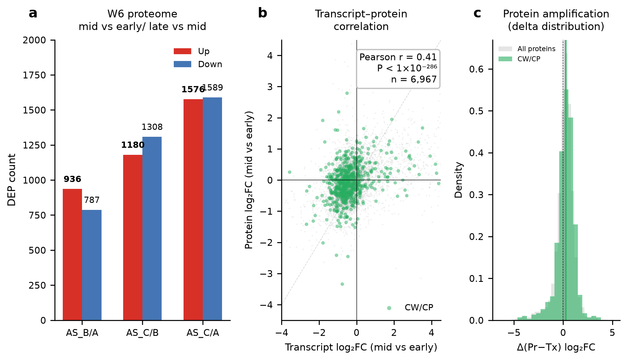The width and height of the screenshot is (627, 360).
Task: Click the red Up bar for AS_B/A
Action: click(72, 255)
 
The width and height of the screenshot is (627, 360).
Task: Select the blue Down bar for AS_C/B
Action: click(152, 229)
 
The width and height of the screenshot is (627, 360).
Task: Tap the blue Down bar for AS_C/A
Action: click(212, 209)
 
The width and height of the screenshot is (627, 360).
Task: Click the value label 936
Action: click(72, 179)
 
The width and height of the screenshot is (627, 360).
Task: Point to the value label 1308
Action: click(152, 127)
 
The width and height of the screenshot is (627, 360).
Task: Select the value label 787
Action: click(92, 200)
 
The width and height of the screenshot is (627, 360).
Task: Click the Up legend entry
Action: click(192, 51)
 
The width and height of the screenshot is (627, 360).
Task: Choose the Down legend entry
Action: click(198, 64)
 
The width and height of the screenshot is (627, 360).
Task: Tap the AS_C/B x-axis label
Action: click(142, 333)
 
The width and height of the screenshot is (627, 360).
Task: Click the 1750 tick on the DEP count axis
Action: click(34, 75)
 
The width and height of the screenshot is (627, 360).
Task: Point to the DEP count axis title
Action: click(12, 180)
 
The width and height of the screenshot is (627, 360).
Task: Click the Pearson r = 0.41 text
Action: click(398, 57)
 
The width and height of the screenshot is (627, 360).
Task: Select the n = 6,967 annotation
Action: click(414, 79)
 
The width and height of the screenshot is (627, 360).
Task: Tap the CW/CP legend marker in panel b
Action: click(389, 308)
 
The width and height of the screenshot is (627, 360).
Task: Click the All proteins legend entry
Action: click(527, 49)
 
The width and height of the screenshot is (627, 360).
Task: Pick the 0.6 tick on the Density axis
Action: click(476, 69)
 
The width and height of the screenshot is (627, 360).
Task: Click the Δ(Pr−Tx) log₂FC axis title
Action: click(556, 347)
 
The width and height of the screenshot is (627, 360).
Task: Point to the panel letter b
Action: click(263, 13)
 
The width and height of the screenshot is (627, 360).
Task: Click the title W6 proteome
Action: click(142, 14)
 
